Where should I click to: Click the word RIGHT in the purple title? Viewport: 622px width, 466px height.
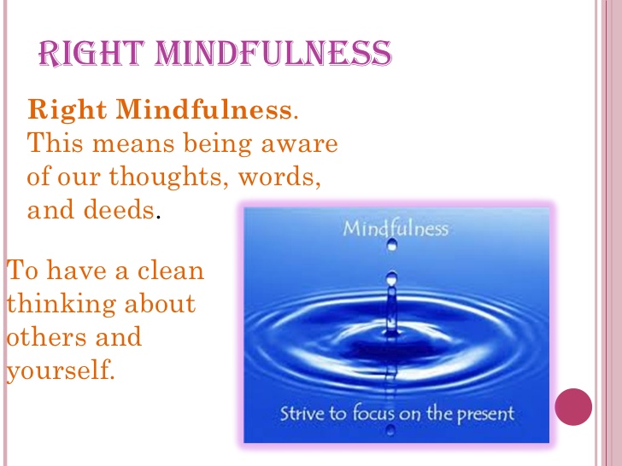click(x=91, y=53)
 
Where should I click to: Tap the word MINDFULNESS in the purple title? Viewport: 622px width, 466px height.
click(x=273, y=53)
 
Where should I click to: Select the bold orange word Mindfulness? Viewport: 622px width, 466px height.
click(x=204, y=109)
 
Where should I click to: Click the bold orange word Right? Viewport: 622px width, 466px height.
click(x=67, y=110)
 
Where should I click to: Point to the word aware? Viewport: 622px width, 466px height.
click(x=300, y=144)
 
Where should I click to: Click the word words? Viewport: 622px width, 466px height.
click(x=279, y=176)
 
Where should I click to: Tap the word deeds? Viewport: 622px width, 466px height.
click(x=119, y=210)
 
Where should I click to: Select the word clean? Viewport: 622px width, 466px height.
click(x=171, y=271)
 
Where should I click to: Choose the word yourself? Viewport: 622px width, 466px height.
click(x=61, y=370)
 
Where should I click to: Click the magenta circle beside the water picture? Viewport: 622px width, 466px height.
click(x=573, y=407)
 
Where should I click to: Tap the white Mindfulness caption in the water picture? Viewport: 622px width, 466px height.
click(x=396, y=229)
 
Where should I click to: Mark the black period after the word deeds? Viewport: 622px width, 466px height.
click(x=158, y=217)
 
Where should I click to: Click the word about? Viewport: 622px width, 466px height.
click(x=160, y=304)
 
